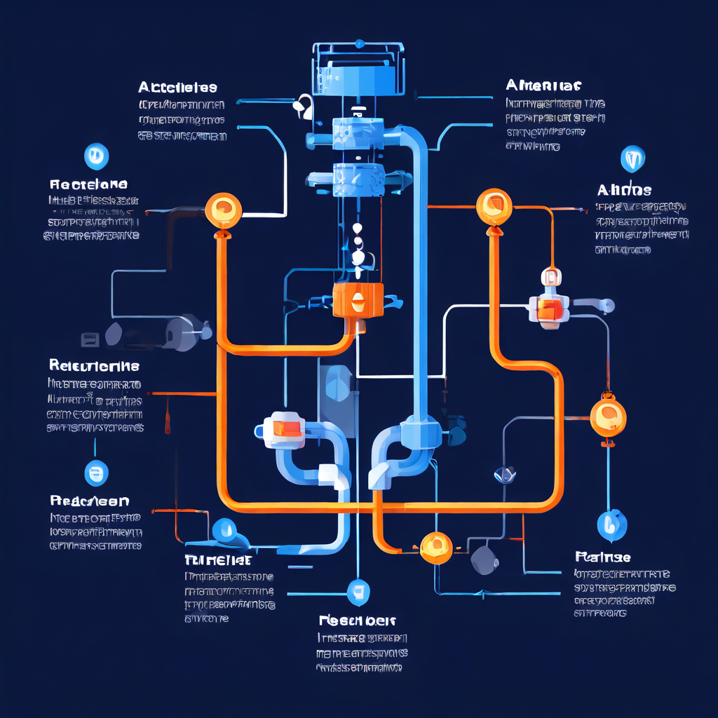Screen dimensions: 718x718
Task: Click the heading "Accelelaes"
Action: tap(177, 88)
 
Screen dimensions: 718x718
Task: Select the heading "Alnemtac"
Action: tap(543, 86)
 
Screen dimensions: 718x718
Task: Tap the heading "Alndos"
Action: tap(624, 190)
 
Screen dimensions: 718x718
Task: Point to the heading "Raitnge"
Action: tap(602, 557)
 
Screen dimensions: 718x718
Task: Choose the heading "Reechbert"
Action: tap(358, 621)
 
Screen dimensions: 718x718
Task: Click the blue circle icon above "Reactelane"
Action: tap(95, 156)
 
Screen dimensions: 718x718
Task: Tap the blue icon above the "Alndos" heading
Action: tap(632, 159)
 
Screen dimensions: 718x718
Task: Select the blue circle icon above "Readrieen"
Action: tap(96, 473)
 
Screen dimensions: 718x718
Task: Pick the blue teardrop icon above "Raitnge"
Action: tap(611, 524)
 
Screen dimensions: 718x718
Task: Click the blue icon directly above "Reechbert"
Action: tap(358, 591)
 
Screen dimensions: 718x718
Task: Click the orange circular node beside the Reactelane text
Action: tap(223, 209)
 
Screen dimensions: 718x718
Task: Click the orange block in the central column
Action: tap(358, 302)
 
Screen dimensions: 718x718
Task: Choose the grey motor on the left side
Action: tap(175, 332)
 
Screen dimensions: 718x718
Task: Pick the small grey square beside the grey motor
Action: tap(90, 340)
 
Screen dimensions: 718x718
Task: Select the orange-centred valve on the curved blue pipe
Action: tap(284, 428)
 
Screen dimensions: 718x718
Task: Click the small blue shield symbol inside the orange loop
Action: tap(505, 475)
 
